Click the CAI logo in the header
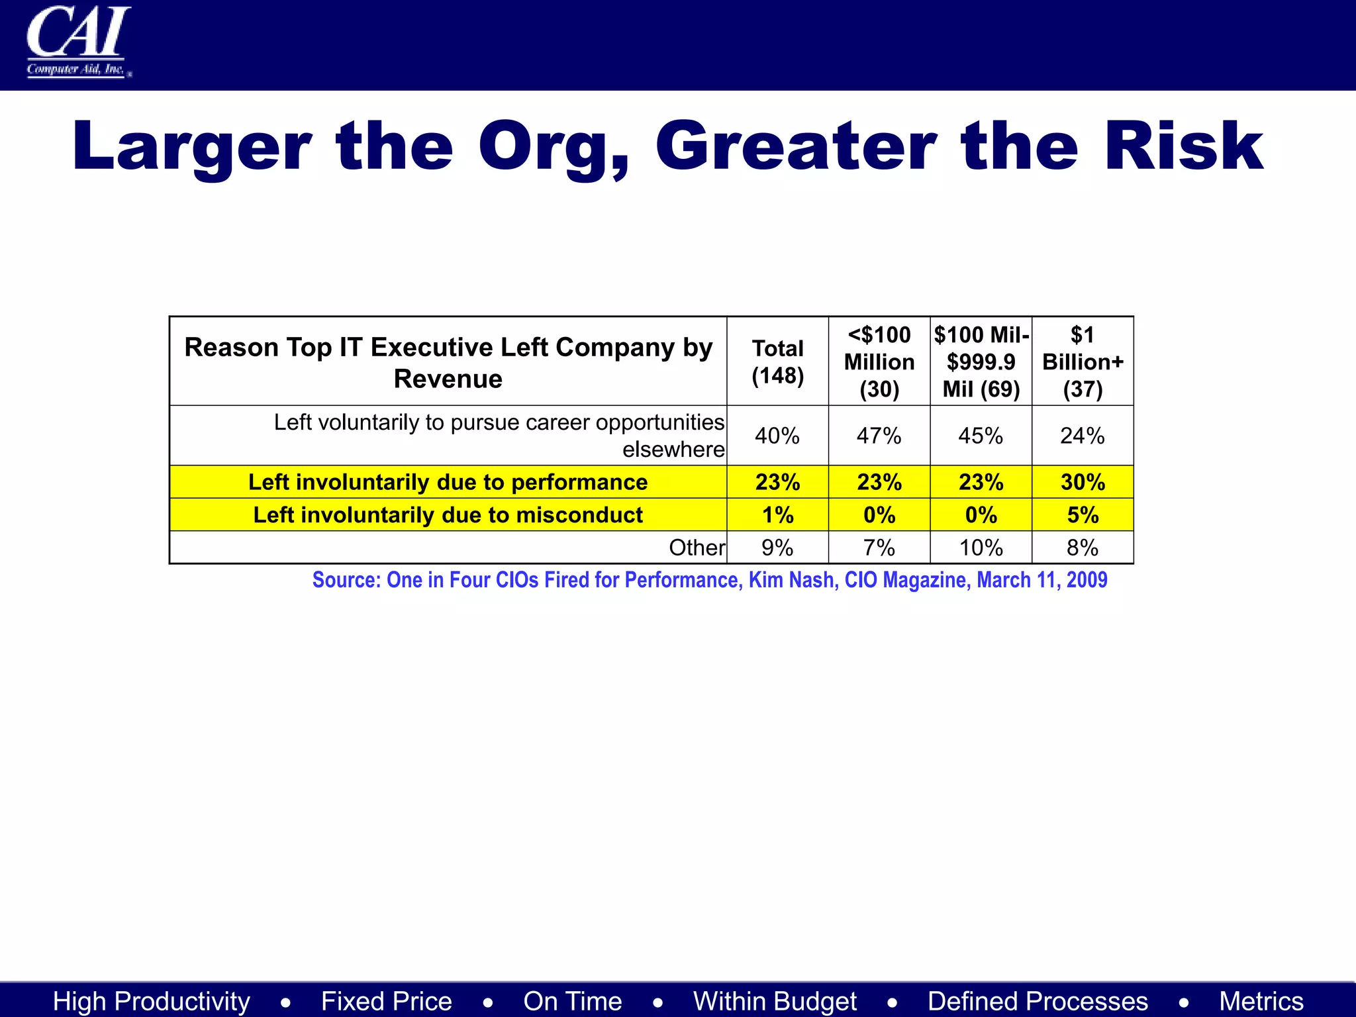[x=78, y=42]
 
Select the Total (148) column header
[x=777, y=362]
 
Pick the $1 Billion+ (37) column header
[x=1083, y=362]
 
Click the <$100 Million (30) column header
[x=879, y=362]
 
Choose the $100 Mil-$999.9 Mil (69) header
[x=981, y=362]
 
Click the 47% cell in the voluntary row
[x=879, y=436]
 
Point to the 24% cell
[x=1083, y=436]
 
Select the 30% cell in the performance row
[x=1083, y=482]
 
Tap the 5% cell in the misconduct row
[x=1083, y=514]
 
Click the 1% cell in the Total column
[x=777, y=514]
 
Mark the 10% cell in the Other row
[x=981, y=548]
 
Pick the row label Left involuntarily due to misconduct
[x=448, y=514]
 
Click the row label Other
[x=697, y=548]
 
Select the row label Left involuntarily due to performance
[x=448, y=482]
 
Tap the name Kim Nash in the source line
[x=791, y=580]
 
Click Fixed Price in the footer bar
[x=387, y=1001]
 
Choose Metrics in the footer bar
[x=1261, y=1001]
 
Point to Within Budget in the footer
[x=775, y=1001]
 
